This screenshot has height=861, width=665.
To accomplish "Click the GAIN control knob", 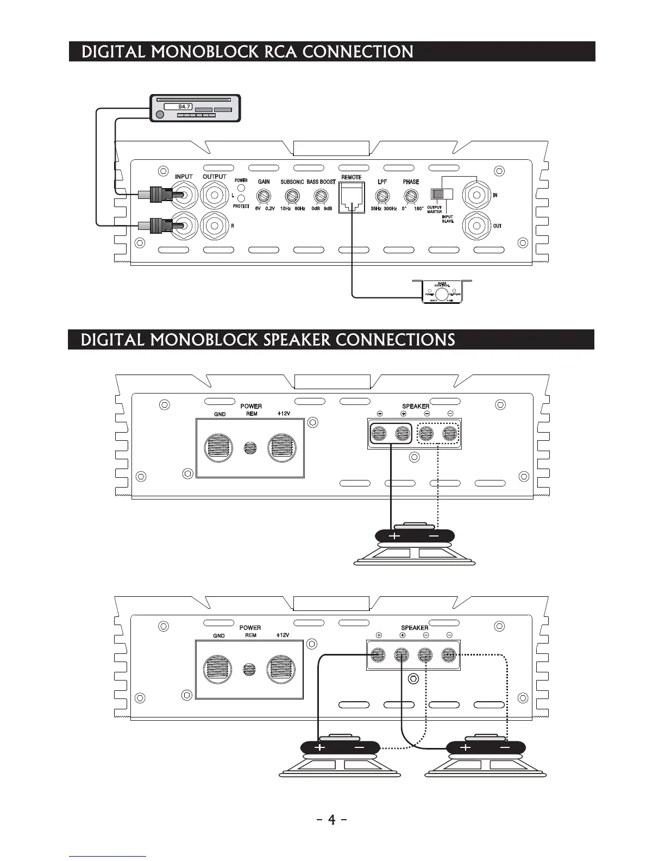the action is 265,196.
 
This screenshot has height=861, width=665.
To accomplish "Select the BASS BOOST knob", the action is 321,196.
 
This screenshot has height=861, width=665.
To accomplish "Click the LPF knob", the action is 382,196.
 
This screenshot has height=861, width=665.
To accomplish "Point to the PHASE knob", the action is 411,196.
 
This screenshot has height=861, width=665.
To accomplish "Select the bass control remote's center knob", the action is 442,295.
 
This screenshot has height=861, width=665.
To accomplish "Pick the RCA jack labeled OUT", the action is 476,224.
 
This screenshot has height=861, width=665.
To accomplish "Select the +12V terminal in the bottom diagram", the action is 281,669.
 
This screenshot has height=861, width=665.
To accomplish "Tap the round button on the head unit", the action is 159,115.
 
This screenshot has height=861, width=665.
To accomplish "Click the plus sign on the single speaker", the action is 394,536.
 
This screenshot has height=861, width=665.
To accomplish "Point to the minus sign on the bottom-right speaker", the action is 505,747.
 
